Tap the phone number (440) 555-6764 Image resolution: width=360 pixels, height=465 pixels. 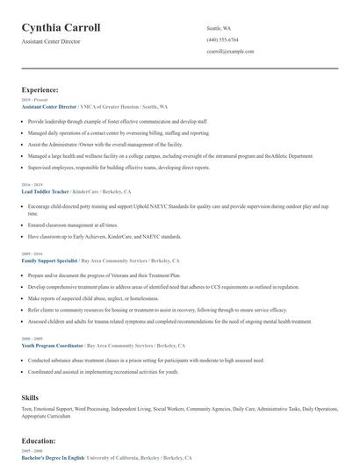tap(222, 39)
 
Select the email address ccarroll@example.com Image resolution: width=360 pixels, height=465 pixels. tap(230, 52)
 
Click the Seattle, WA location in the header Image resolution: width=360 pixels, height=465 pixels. tap(219, 28)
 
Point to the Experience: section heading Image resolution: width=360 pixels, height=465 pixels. tap(40, 89)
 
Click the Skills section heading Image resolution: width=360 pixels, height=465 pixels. tap(30, 397)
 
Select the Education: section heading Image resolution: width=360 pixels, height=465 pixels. tap(40, 442)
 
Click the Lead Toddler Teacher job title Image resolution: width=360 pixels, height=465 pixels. tap(45, 190)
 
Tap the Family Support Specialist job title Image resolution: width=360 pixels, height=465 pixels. tap(49, 261)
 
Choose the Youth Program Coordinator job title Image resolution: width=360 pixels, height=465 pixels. tap(51, 345)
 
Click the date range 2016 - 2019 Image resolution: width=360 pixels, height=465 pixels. tap(31, 184)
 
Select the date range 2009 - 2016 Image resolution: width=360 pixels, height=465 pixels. tap(31, 254)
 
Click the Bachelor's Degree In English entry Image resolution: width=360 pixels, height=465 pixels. tap(54, 457)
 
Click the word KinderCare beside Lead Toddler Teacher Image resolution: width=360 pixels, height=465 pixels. tap(85, 190)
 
